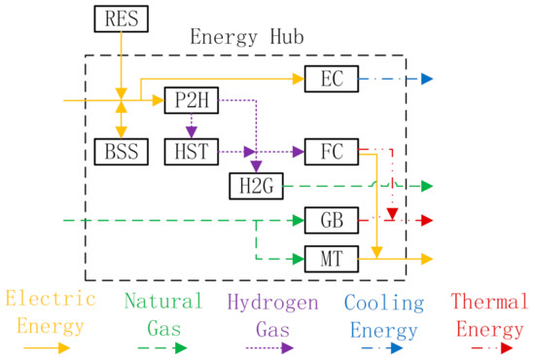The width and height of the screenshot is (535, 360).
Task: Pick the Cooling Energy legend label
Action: tap(386, 311)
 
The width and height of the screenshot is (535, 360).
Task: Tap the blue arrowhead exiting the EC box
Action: tap(427, 78)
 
